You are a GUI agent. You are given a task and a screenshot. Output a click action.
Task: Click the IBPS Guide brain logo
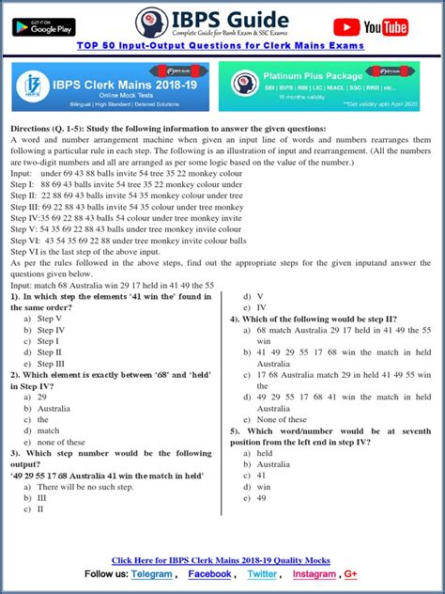(150, 23)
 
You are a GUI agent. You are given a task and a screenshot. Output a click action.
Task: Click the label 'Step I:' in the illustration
(23, 185)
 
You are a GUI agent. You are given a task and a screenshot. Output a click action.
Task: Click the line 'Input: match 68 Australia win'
(113, 284)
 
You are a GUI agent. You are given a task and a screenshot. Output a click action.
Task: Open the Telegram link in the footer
(151, 573)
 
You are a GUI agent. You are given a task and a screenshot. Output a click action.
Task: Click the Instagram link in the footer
(313, 573)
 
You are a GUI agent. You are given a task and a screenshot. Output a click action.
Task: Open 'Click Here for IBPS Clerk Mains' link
(221, 560)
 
